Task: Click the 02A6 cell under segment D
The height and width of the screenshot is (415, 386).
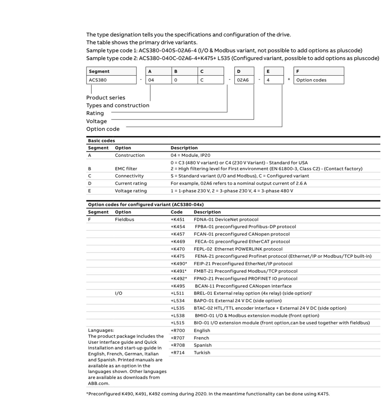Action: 243,80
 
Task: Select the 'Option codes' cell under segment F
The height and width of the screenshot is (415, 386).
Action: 311,80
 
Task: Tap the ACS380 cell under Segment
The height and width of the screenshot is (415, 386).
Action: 98,80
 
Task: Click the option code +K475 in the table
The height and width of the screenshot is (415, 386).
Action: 178,256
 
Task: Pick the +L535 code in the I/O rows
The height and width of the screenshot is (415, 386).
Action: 178,308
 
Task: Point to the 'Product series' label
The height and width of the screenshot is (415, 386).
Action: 106,97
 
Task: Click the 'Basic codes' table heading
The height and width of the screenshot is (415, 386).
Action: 101,141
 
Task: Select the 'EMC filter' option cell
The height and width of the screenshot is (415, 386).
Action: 126,169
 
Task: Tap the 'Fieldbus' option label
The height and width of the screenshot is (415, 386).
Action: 124,219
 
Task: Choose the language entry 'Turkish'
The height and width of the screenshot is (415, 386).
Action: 202,352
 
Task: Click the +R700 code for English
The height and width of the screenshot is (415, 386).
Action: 178,331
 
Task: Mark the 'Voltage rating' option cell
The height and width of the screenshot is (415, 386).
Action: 131,191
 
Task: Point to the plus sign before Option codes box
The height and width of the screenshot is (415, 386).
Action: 289,79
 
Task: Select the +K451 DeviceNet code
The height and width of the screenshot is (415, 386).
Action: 178,219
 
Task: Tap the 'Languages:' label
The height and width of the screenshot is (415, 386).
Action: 101,330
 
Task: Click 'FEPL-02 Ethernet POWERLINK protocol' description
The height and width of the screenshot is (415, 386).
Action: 238,249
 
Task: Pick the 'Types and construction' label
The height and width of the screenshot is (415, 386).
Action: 118,105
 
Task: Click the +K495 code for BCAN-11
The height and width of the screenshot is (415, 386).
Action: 178,286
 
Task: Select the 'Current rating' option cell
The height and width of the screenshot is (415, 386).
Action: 131,183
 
